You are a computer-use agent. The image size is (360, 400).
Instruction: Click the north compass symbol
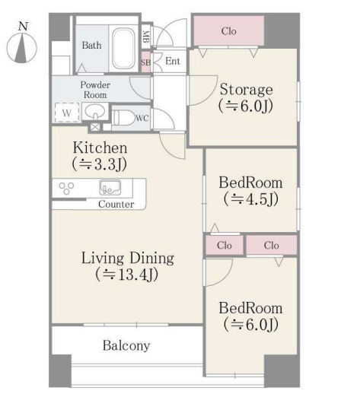coord(22,46)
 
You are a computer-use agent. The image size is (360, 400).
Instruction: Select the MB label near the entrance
coord(146,37)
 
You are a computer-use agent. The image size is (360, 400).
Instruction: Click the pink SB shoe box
coord(146,62)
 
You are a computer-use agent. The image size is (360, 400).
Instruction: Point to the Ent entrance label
coord(173,62)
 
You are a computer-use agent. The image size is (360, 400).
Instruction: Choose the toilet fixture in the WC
coord(123,118)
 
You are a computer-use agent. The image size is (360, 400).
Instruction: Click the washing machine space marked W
coord(67,113)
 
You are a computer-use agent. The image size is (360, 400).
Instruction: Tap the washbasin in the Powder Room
coord(95,112)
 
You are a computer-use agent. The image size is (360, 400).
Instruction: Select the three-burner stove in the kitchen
coord(67,189)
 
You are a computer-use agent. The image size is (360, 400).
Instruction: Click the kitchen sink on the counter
coord(110,188)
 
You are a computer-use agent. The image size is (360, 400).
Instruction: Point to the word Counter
coord(116,204)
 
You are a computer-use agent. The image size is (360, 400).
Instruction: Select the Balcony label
coord(126,346)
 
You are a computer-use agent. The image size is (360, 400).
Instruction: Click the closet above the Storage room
coord(229,31)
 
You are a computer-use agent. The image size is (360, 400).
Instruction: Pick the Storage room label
coord(247,90)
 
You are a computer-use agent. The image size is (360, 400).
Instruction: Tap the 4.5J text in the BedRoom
coord(251,199)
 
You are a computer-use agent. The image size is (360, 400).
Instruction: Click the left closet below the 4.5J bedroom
coord(225,245)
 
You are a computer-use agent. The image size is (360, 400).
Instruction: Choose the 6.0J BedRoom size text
coord(251,325)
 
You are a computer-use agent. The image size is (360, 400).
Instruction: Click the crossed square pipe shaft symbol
coord(95,127)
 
